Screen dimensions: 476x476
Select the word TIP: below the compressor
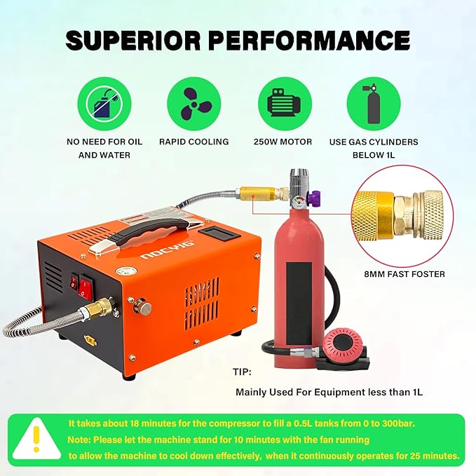click(x=243, y=372)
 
